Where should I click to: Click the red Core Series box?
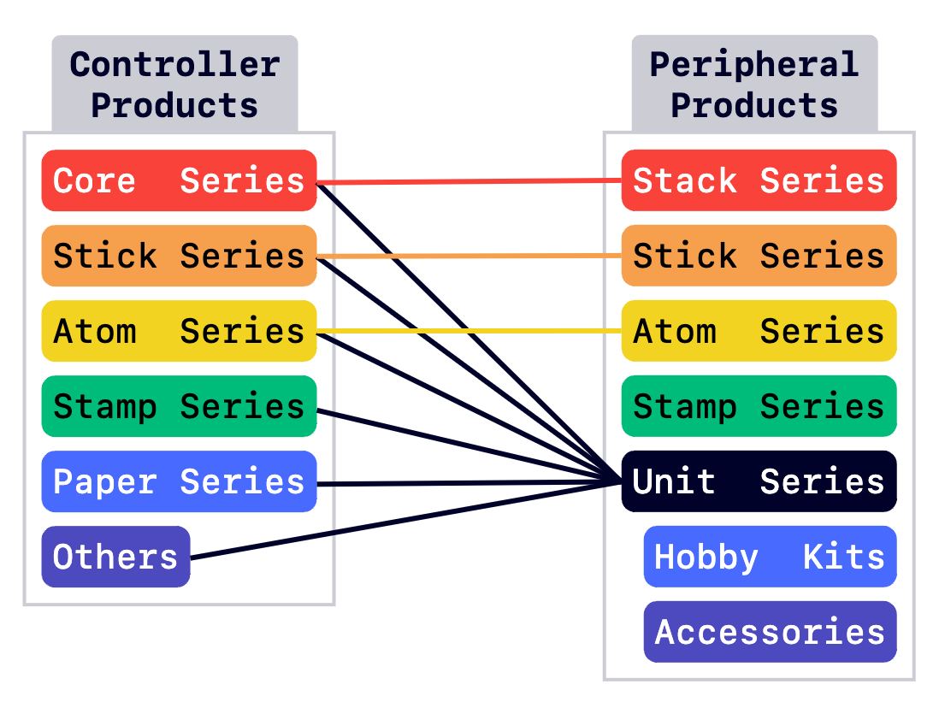179,180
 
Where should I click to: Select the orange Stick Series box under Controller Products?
179,256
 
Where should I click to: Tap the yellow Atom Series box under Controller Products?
179,331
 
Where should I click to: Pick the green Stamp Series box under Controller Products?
179,406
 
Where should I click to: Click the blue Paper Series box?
179,481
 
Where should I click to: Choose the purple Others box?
115,557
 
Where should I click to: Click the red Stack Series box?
759,180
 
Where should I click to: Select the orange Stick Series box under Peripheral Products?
759,256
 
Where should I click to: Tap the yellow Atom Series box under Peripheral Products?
759,331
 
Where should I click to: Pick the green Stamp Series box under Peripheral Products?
759,406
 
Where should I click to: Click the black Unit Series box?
759,481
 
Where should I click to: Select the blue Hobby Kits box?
771,557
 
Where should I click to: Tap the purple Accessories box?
771,632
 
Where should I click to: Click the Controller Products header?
174,84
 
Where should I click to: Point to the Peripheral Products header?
754,84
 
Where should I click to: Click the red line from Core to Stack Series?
469,181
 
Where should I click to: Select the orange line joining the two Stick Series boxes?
469,257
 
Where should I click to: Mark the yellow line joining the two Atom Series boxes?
469,331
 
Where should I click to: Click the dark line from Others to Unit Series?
406,521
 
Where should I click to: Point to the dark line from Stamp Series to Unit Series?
469,445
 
